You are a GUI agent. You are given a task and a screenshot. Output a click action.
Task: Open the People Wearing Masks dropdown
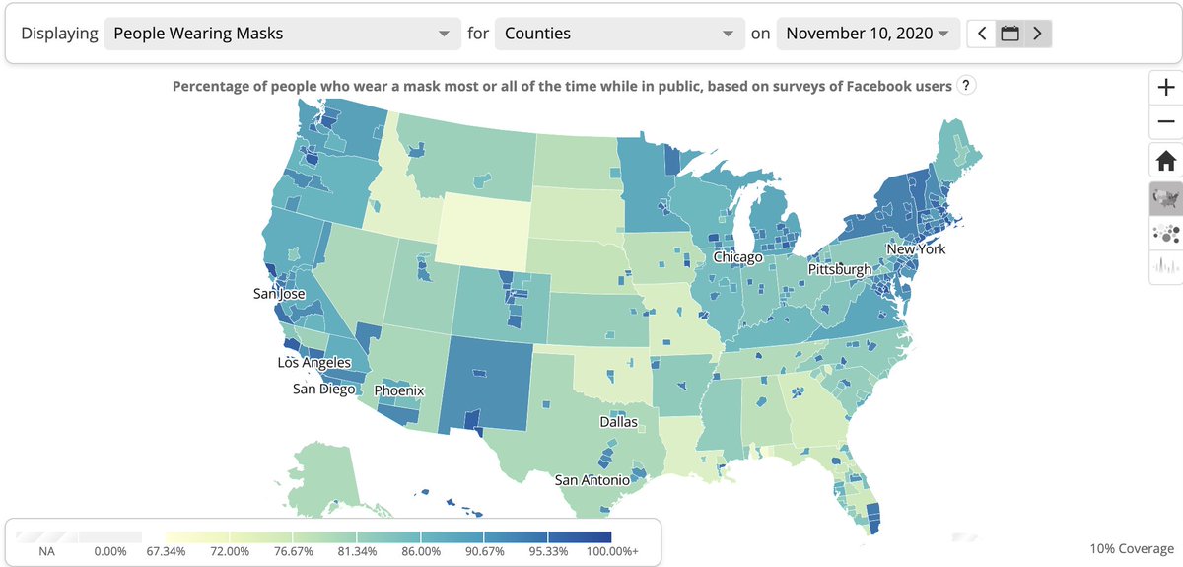(280, 34)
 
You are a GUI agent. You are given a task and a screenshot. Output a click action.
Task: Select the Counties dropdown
(618, 34)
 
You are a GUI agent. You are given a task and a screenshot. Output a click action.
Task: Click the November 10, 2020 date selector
(868, 34)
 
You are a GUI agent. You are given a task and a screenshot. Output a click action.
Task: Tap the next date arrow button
(1036, 34)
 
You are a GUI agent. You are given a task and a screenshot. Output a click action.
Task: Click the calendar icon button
(1009, 34)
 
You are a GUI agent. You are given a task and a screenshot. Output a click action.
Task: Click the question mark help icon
(967, 86)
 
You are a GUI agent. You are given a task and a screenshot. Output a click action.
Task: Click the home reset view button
(1166, 159)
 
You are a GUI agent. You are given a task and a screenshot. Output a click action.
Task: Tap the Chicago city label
(737, 258)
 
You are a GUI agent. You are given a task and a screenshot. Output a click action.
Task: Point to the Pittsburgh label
(839, 269)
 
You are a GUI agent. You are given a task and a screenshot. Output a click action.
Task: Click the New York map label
(915, 249)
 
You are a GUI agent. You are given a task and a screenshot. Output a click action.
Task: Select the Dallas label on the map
(618, 422)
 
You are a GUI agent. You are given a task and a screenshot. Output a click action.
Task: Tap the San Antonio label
(591, 480)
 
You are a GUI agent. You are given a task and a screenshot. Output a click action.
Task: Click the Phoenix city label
(398, 390)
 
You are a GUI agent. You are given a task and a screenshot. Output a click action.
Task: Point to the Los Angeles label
(313, 363)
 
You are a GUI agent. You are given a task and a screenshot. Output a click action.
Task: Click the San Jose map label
(279, 294)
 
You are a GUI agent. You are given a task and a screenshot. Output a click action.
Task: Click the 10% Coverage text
(1132, 548)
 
